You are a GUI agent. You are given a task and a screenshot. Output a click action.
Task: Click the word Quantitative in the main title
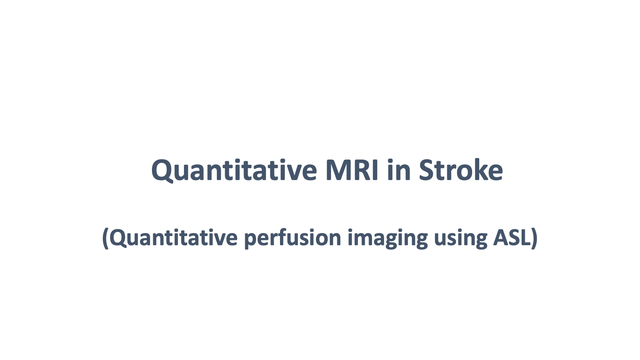tap(234, 170)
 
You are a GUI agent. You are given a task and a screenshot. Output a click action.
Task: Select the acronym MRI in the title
tap(352, 170)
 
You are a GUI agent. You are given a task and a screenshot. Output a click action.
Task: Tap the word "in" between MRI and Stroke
tap(399, 170)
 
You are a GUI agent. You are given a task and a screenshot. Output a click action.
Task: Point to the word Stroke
tap(461, 170)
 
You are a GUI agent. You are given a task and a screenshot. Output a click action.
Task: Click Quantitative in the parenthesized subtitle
tap(174, 238)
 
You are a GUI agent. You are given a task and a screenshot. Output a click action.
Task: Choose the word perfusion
tap(293, 238)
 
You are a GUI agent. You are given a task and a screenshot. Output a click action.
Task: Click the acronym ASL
tap(512, 238)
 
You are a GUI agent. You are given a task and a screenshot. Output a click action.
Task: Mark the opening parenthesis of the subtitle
tap(106, 238)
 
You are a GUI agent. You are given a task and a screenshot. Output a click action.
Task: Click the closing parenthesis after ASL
tap(534, 238)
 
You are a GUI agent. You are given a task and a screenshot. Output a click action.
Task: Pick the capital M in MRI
tap(338, 170)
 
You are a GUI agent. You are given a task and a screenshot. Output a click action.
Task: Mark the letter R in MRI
tap(362, 170)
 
